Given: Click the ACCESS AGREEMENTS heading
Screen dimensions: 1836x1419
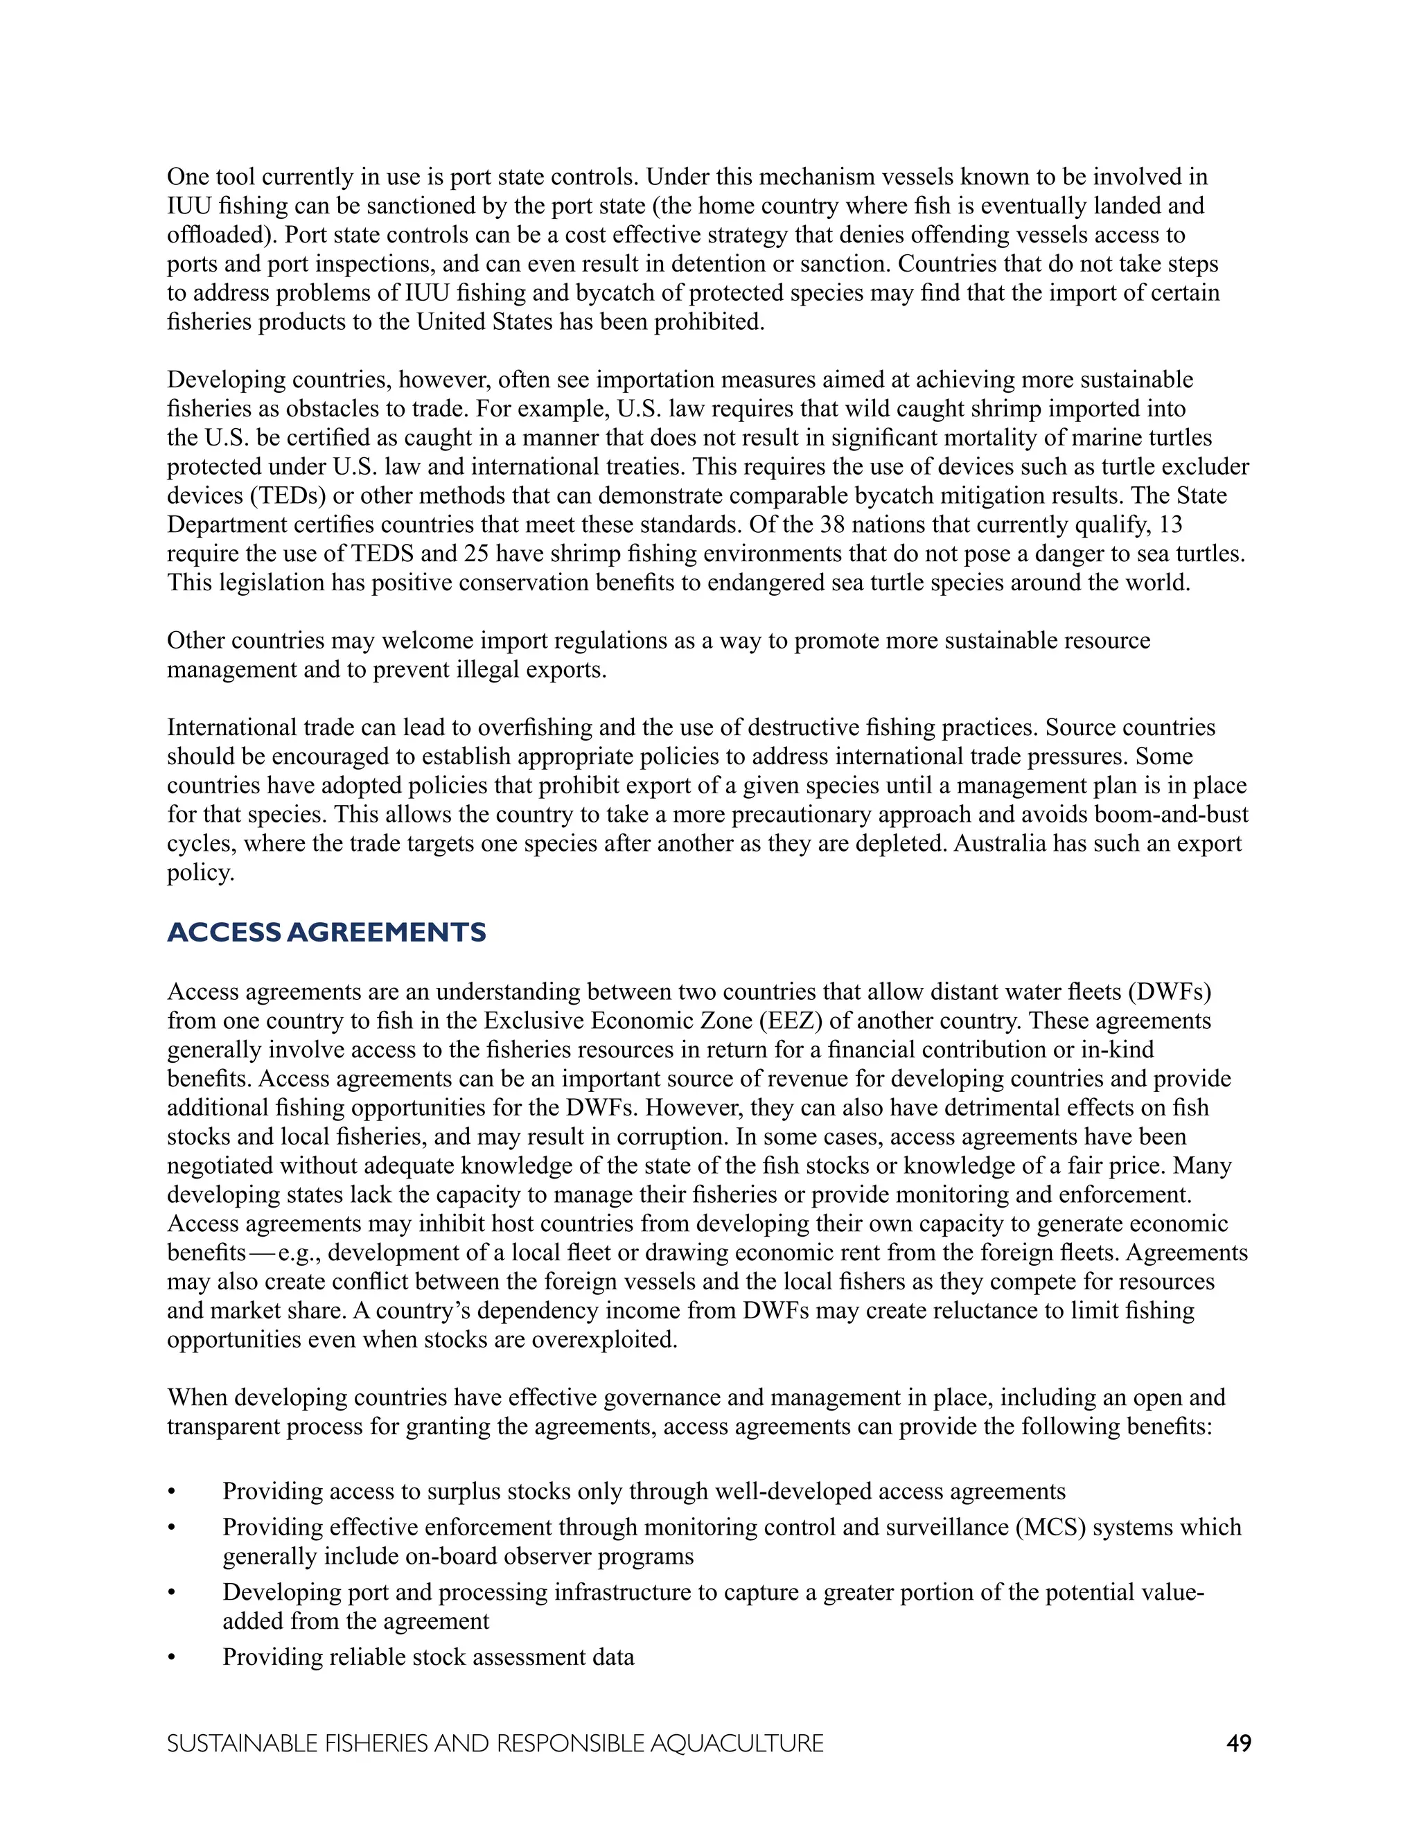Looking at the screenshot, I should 326,933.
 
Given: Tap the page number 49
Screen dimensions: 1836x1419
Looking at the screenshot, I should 1238,1744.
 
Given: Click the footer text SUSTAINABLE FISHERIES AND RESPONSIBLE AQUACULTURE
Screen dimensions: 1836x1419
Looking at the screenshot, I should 495,1744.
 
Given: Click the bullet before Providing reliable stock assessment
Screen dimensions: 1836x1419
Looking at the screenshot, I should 172,1658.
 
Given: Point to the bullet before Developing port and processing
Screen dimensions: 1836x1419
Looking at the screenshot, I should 172,1593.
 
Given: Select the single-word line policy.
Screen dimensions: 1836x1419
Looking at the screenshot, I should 200,872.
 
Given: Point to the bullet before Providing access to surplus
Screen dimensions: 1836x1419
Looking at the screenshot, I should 172,1492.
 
